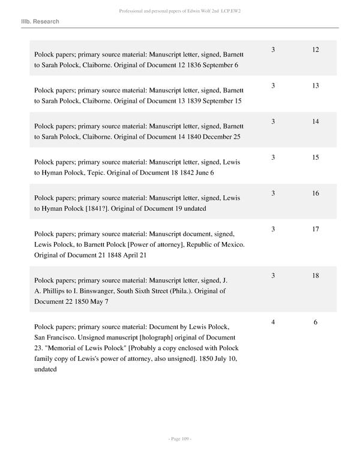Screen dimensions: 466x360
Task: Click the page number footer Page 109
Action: click(179, 440)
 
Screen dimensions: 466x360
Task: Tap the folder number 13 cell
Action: click(316, 86)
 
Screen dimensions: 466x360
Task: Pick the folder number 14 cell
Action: click(316, 121)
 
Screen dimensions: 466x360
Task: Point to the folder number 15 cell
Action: click(316, 157)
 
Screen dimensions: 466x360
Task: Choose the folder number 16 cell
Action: click(316, 193)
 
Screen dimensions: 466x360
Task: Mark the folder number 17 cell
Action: click(316, 229)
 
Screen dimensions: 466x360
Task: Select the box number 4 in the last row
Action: click(273, 322)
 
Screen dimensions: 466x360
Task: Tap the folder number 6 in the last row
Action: click(316, 322)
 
